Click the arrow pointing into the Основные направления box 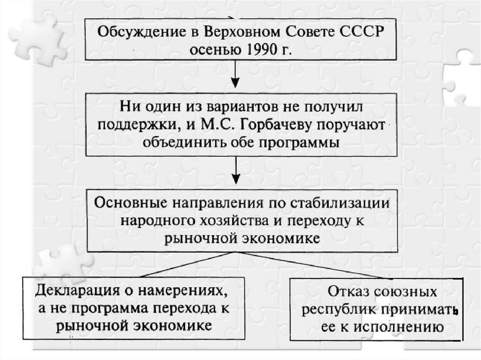click(x=236, y=171)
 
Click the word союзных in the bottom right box click(x=405, y=291)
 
